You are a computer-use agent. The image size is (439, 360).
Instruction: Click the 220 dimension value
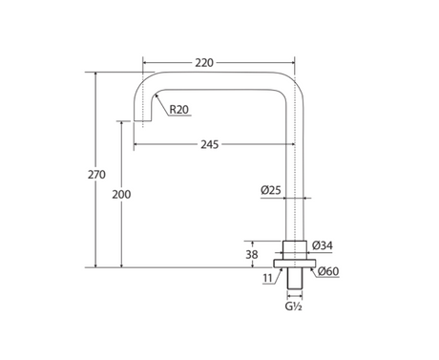point(204,63)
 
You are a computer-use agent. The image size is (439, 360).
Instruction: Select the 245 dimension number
point(210,144)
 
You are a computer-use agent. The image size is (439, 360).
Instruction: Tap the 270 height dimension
point(96,175)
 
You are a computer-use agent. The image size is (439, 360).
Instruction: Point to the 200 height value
point(121,194)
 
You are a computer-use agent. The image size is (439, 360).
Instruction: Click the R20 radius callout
point(179,110)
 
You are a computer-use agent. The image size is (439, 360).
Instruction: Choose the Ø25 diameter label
point(271,190)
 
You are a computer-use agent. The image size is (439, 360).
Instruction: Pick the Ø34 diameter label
point(323,245)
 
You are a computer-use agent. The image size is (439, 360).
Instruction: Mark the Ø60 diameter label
point(328,271)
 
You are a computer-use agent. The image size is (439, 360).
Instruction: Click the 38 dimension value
point(252,255)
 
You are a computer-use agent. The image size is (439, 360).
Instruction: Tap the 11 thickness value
point(268,279)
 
